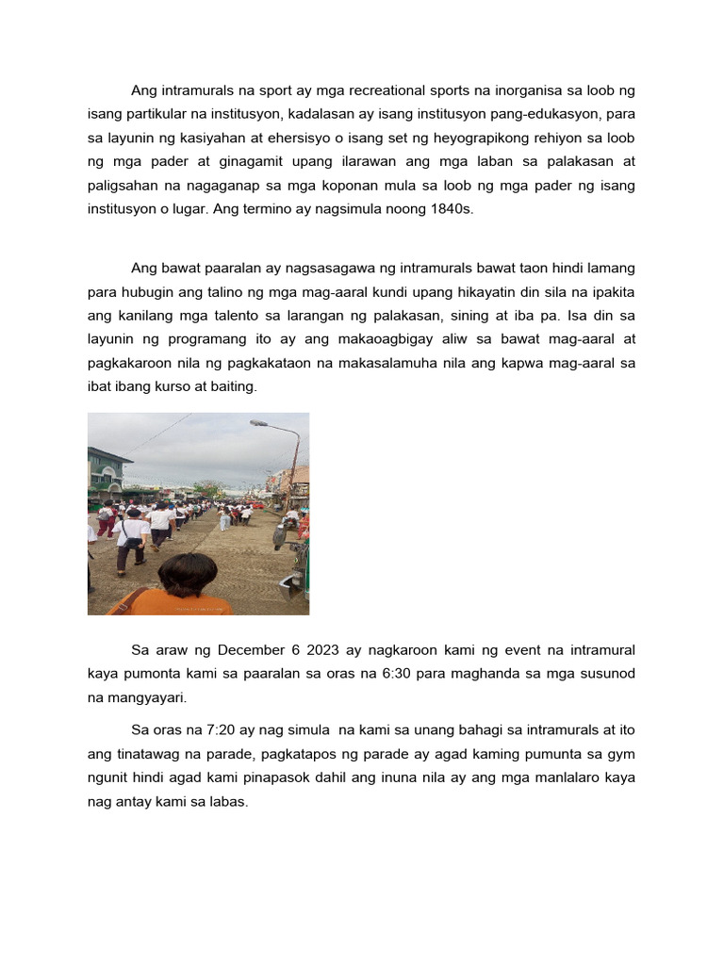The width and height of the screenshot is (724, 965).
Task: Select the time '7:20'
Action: (222, 729)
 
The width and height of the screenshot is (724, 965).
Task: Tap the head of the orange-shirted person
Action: (187, 574)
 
